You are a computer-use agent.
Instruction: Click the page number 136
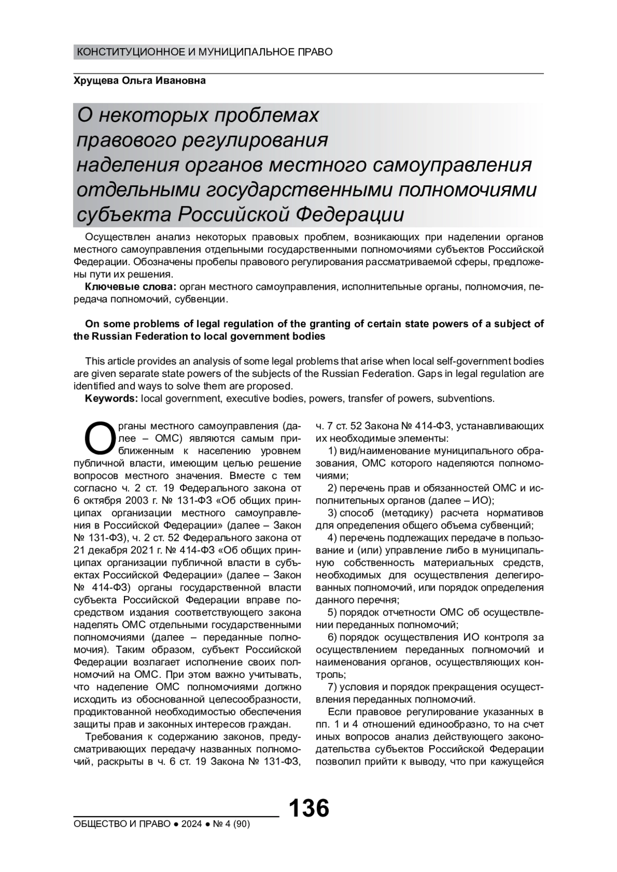(x=308, y=808)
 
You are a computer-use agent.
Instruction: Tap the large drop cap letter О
(x=98, y=438)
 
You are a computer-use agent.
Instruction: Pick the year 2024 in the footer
(x=191, y=824)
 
